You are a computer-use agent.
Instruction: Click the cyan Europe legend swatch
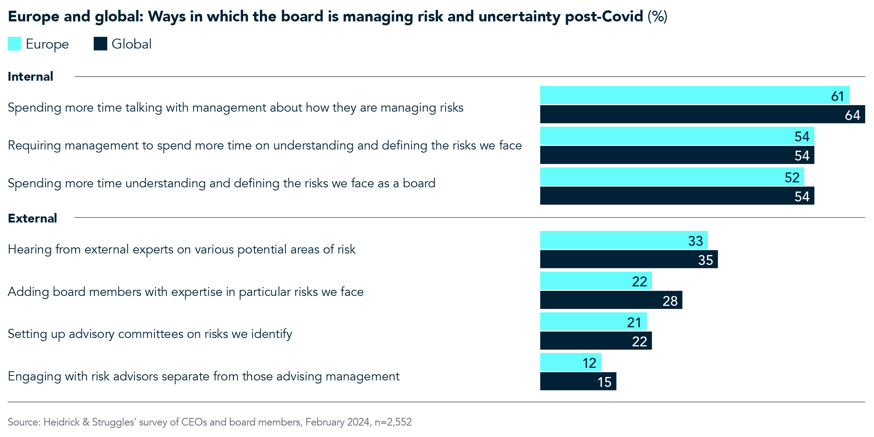(x=15, y=44)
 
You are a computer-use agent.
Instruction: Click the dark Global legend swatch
(x=101, y=44)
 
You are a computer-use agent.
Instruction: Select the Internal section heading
(x=31, y=76)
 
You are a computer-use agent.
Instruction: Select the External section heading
(x=32, y=218)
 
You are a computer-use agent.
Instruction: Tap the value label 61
(x=837, y=96)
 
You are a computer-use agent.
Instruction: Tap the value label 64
(x=852, y=115)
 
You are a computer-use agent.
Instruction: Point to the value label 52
(x=792, y=177)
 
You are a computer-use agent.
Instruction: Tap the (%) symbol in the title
(x=657, y=16)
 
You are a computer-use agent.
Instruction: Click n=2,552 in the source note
(x=393, y=422)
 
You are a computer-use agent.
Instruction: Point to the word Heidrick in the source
(x=61, y=422)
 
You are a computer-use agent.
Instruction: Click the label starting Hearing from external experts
(x=182, y=249)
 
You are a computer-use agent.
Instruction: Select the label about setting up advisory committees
(x=150, y=334)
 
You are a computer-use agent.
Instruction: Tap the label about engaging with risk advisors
(x=203, y=376)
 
